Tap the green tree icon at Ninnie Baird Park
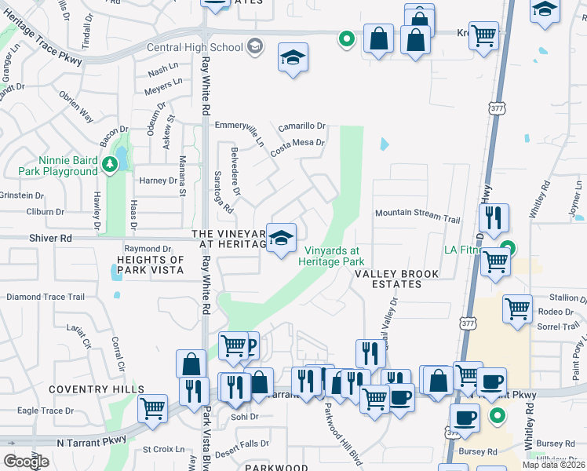click(111, 163)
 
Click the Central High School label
click(195, 47)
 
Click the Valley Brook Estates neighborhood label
click(399, 279)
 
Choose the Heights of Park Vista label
click(150, 265)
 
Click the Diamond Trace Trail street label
click(45, 297)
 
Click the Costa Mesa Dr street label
click(297, 142)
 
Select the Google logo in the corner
click(26, 462)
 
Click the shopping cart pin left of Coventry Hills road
click(152, 407)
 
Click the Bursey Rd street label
click(480, 452)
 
